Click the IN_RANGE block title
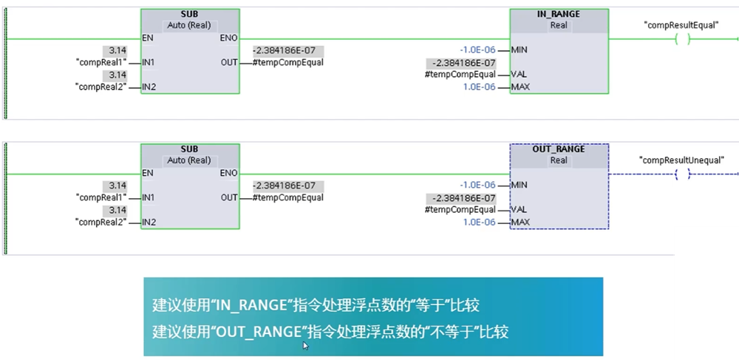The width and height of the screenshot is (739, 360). pyautogui.click(x=559, y=14)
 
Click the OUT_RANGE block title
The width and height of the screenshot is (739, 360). pyautogui.click(x=559, y=149)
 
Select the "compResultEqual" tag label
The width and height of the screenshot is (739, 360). pyautogui.click(x=681, y=24)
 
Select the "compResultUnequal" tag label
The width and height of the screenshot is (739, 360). pyautogui.click(x=681, y=160)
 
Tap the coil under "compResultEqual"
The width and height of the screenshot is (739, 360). pyautogui.click(x=682, y=39)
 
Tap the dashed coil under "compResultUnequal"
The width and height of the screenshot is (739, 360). pyautogui.click(x=682, y=174)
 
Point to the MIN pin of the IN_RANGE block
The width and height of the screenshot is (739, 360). pyautogui.click(x=520, y=50)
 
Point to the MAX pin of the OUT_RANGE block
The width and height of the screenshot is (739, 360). pyautogui.click(x=520, y=222)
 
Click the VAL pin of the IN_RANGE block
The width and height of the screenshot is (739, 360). pyautogui.click(x=519, y=75)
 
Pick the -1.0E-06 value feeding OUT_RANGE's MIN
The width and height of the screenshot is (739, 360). pyautogui.click(x=477, y=185)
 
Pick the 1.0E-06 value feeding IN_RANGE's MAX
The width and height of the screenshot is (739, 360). pyautogui.click(x=480, y=87)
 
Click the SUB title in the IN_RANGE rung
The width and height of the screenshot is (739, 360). pyautogui.click(x=189, y=14)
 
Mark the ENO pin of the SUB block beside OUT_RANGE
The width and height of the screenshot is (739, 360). pyautogui.click(x=228, y=173)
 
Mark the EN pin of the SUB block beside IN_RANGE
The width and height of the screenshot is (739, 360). pyautogui.click(x=149, y=38)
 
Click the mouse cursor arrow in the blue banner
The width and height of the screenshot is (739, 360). pyautogui.click(x=306, y=345)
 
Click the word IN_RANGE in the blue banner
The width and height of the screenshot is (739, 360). pyautogui.click(x=250, y=305)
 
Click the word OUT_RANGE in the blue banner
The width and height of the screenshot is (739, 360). pyautogui.click(x=253, y=332)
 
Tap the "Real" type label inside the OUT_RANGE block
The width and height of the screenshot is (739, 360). pyautogui.click(x=559, y=160)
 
